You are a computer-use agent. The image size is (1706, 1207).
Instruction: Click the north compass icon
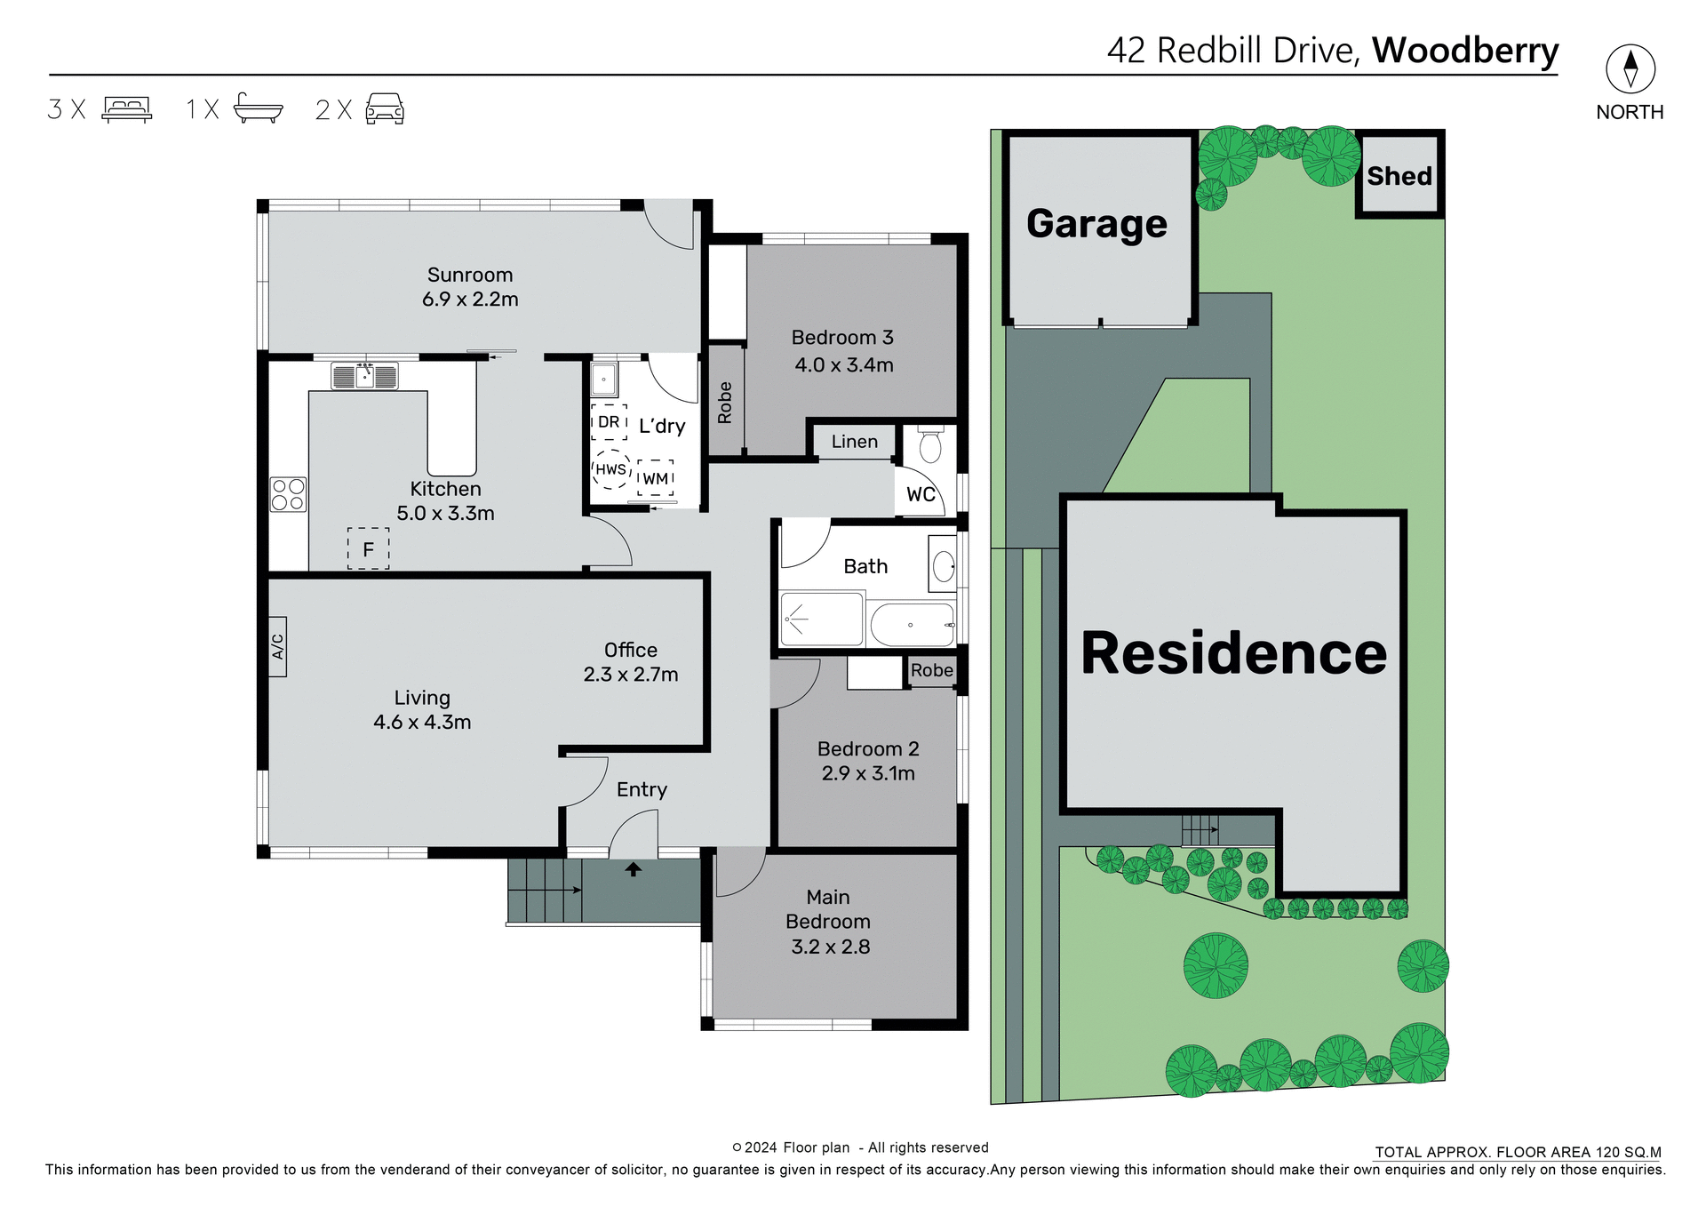point(1630,69)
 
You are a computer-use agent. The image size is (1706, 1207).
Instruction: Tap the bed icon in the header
point(127,109)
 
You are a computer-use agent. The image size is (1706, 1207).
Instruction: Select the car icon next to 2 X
point(385,108)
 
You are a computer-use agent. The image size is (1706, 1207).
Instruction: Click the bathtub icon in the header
point(258,108)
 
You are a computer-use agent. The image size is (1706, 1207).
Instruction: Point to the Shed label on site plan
point(1399,176)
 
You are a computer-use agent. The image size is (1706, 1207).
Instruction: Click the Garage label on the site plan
point(1096,223)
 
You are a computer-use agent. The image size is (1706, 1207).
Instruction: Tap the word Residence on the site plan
point(1233,653)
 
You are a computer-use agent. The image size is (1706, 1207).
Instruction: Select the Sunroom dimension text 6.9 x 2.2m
point(470,300)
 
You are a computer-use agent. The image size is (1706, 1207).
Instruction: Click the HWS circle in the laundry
point(610,469)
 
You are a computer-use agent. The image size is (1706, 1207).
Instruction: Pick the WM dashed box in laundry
point(656,478)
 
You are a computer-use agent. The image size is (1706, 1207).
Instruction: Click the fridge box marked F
point(368,549)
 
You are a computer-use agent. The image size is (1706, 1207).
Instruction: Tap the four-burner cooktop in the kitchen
point(288,495)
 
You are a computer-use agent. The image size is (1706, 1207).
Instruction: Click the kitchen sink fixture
point(364,376)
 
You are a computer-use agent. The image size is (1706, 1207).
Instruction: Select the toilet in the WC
point(930,445)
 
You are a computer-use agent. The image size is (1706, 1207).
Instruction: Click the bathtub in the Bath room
point(912,625)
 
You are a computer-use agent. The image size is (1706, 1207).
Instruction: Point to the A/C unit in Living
point(277,646)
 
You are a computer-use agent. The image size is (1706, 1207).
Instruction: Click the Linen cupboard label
point(854,442)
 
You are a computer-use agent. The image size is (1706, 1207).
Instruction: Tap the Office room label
point(631,650)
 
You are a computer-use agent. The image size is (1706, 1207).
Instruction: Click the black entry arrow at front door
point(633,869)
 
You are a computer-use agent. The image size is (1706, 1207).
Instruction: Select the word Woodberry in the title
point(1464,51)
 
